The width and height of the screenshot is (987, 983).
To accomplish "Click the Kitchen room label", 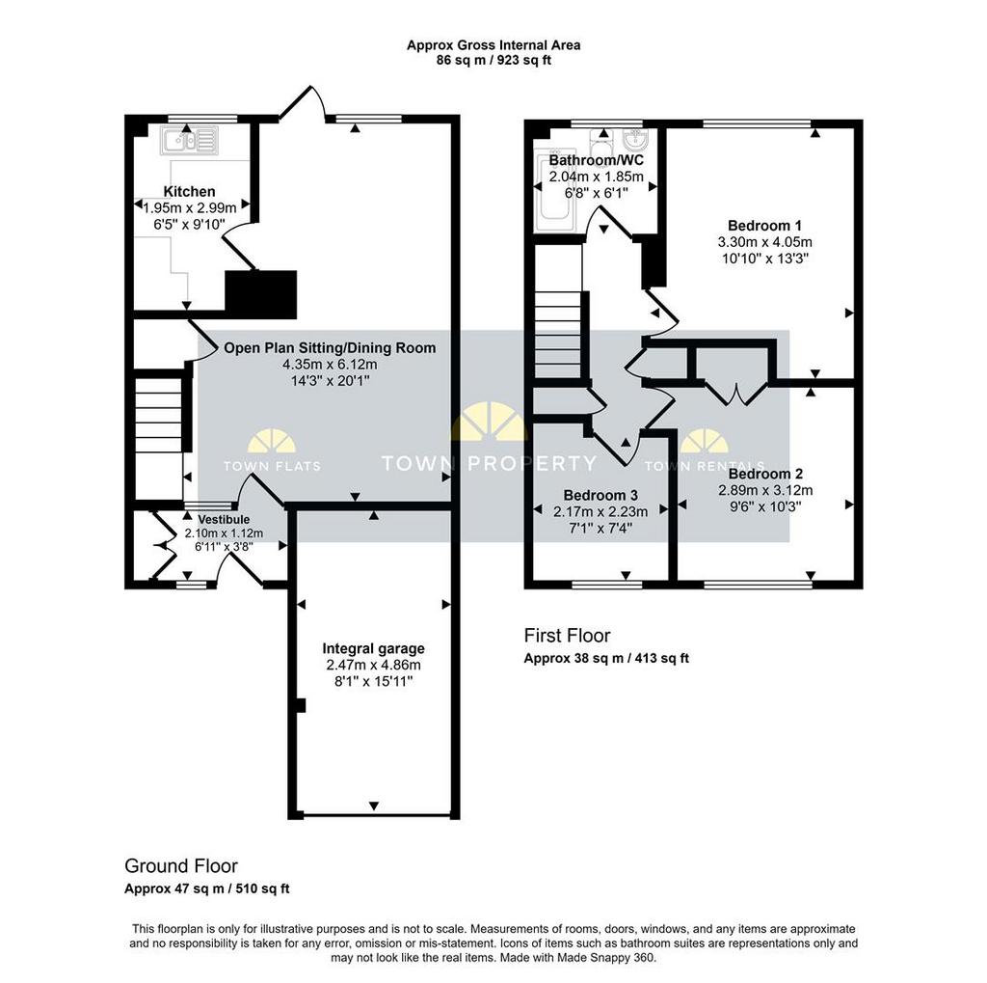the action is coord(190,192).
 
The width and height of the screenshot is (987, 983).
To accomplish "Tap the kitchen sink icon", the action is coord(189,140).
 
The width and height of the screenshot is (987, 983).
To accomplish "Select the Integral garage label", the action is coord(373,648).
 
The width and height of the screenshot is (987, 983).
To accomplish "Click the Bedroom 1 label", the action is coord(764,226).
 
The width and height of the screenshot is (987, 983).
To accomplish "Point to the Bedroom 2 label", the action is coord(765,474).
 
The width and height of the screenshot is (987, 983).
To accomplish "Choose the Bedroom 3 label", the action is coord(600,495).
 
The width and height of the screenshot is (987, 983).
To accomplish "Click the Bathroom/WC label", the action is coord(596,160).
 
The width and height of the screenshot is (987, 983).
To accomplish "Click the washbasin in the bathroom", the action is coord(635,138).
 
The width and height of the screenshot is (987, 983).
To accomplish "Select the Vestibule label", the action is coord(224,520).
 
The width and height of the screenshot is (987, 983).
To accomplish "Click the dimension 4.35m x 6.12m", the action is coord(330,365).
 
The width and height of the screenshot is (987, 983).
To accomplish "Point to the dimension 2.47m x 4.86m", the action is coord(373,665).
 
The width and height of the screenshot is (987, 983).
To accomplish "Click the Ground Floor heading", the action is coord(181,866).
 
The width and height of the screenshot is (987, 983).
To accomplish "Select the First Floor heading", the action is coord(567,635).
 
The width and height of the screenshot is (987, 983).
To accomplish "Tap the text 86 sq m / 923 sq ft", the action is coord(493,61).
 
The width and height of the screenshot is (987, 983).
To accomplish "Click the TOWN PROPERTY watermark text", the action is coord(489,464).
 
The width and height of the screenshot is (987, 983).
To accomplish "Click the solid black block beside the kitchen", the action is coord(260,293).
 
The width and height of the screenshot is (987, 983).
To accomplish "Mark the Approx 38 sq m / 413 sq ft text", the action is coord(606,659).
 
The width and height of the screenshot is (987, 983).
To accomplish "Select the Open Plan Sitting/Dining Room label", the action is coord(330,348).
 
